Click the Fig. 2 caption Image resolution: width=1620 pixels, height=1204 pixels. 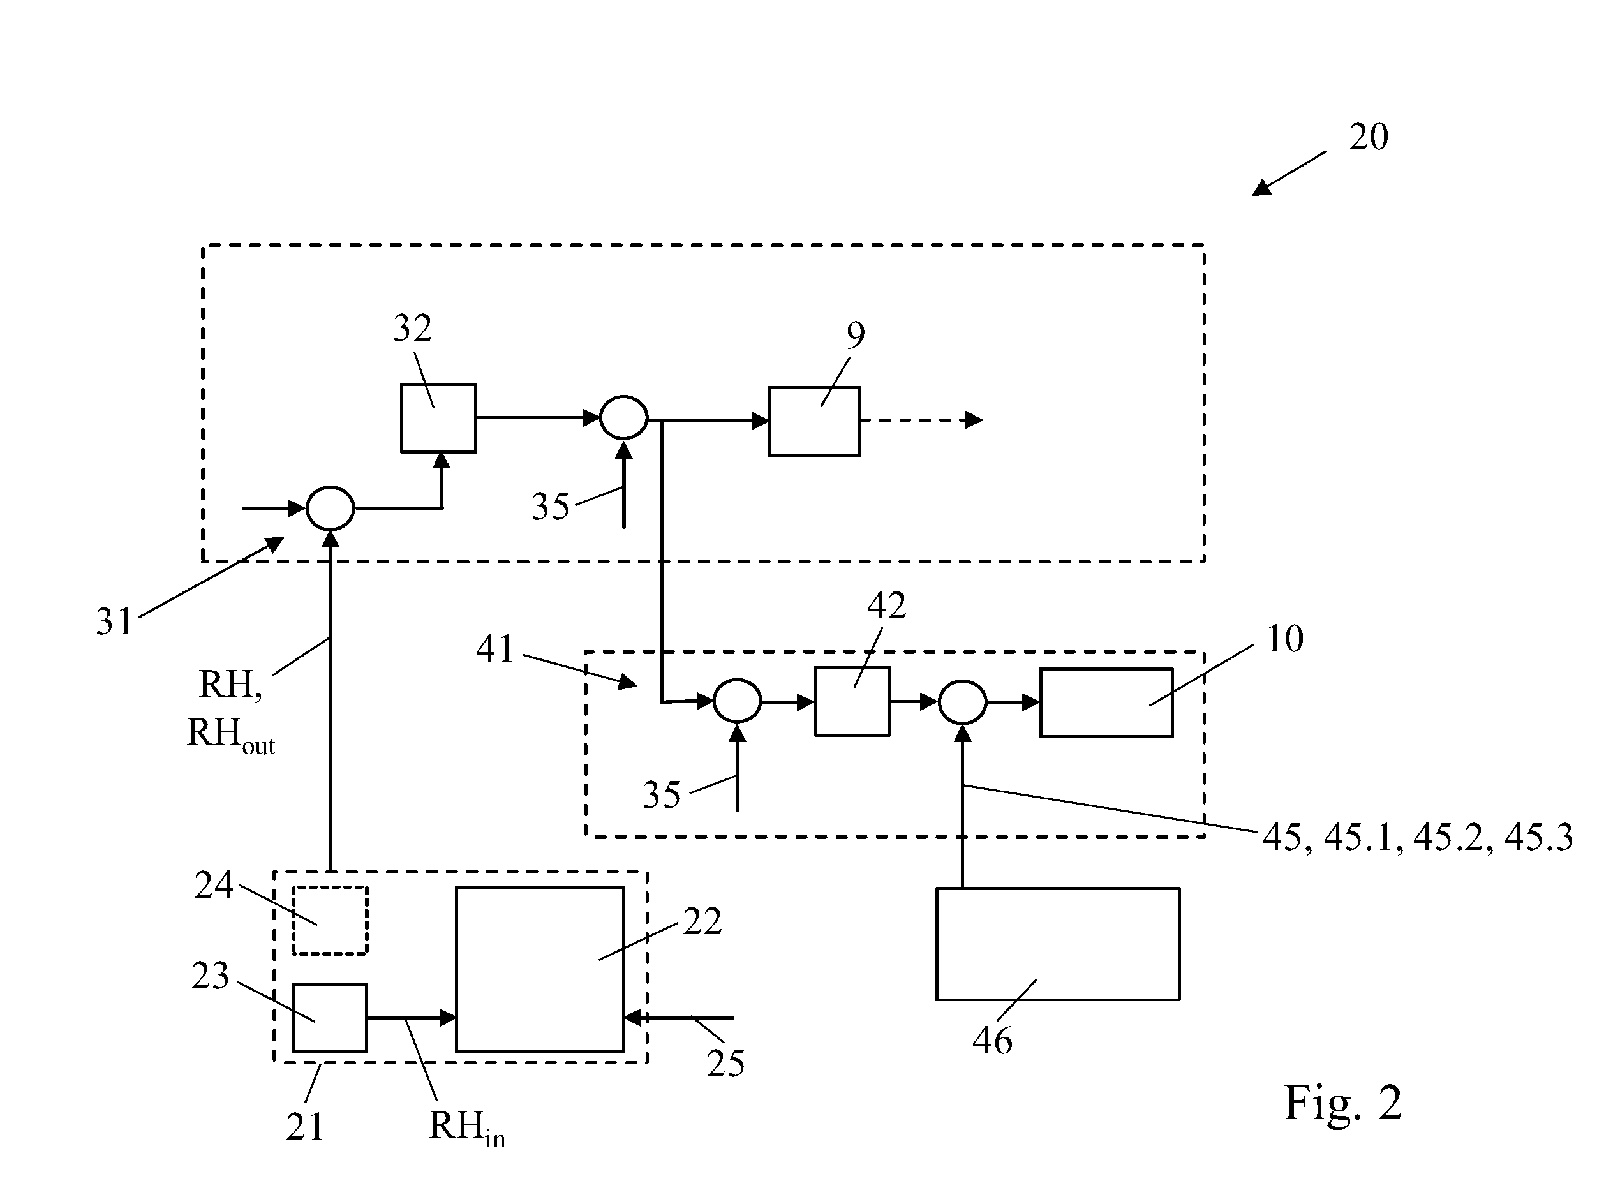(x=1342, y=1103)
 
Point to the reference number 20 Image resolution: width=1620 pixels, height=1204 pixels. (x=1368, y=137)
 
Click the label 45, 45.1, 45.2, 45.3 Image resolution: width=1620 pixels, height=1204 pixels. (x=1417, y=837)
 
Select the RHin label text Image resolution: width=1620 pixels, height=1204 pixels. (x=467, y=1127)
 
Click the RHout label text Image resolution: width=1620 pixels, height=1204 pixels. (x=231, y=734)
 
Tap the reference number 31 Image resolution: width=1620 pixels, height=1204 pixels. (x=114, y=621)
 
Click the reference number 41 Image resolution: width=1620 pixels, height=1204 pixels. (x=496, y=649)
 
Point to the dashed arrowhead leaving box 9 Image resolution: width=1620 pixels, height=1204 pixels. (x=974, y=420)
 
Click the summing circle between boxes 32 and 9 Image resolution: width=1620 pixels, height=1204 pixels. (x=624, y=418)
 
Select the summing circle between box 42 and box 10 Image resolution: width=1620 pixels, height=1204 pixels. (x=963, y=702)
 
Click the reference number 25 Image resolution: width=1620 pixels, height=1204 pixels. (x=725, y=1064)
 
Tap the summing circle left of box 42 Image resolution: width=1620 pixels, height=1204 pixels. (x=738, y=701)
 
